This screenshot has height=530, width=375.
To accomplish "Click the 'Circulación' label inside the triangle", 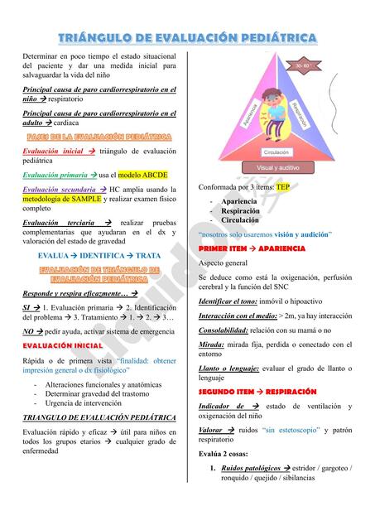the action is click(276, 152).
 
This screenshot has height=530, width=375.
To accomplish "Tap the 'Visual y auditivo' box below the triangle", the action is click(277, 167).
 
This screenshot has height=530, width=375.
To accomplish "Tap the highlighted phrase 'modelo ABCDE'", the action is click(143, 175).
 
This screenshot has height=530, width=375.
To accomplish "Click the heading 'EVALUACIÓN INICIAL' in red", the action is click(63, 345).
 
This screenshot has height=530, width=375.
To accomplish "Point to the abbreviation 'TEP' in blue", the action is click(282, 187).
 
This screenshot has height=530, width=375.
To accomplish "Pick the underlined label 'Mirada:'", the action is click(211, 344).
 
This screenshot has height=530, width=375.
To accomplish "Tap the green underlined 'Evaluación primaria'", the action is click(55, 175).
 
